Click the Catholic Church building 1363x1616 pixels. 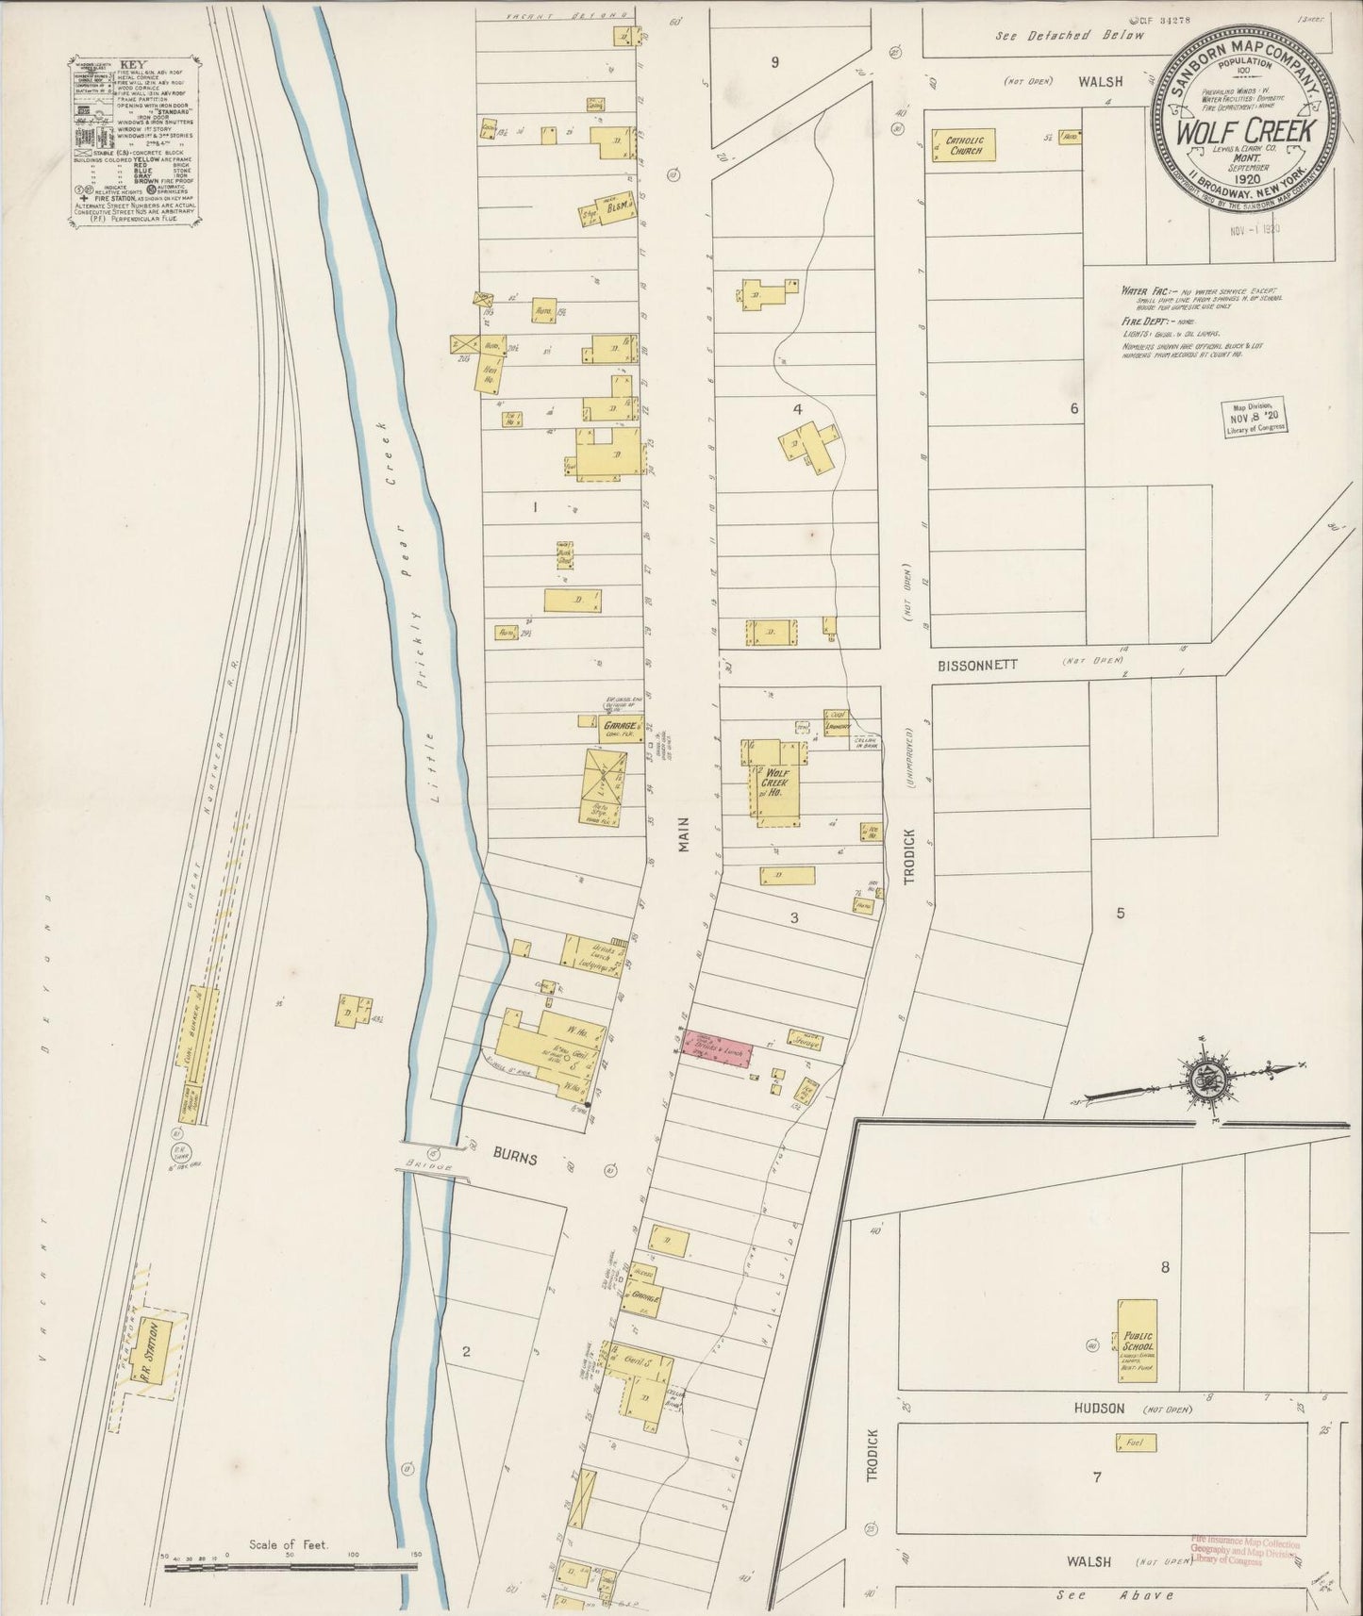(963, 145)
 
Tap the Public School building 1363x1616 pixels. (1138, 1341)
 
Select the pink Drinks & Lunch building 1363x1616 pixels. (719, 1050)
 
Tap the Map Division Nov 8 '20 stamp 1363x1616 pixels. (1254, 416)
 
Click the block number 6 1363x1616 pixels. (1073, 408)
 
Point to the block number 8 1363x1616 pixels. (1165, 1267)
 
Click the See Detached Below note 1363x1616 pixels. (1071, 35)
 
